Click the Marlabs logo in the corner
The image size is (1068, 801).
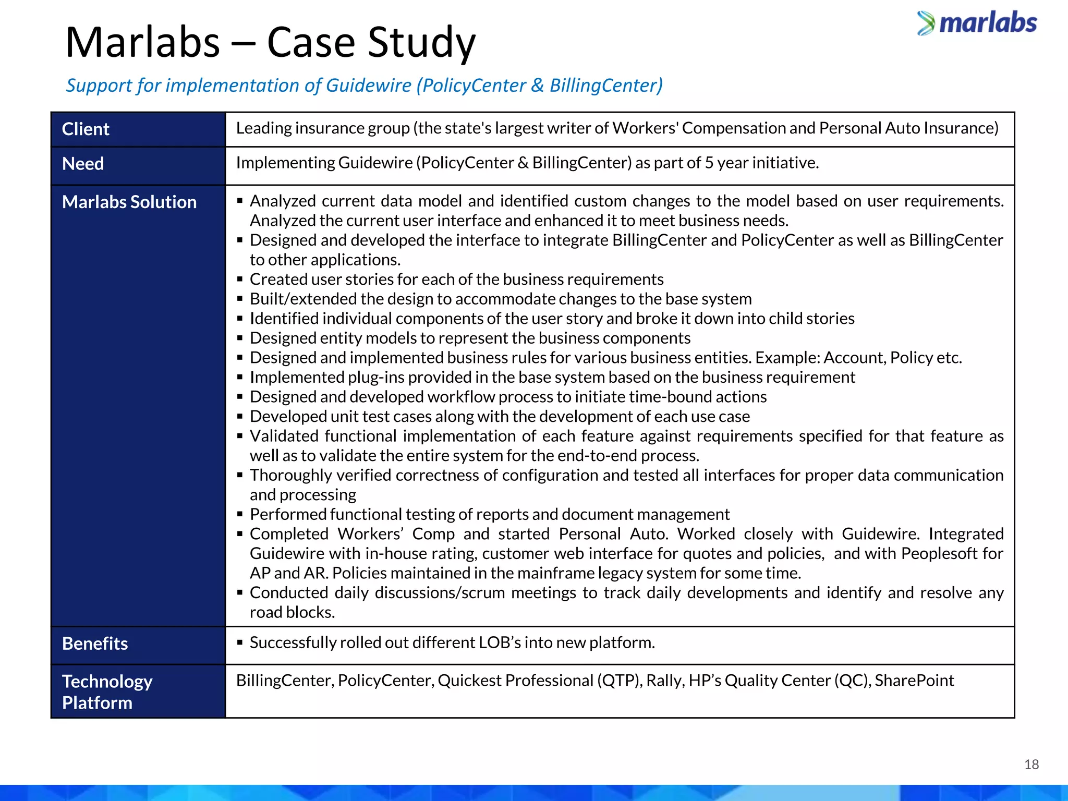977,23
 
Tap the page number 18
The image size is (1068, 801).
1031,764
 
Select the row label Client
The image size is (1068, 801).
86,129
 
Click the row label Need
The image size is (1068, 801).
83,164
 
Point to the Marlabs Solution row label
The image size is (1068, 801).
129,202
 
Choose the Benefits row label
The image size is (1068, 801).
95,644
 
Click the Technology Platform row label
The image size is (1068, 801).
107,692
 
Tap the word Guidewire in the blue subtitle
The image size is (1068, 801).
369,86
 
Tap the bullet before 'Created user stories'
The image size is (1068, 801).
240,280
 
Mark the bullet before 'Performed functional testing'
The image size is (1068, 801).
240,515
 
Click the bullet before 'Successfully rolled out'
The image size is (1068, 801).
240,642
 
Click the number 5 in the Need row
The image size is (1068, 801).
709,163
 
